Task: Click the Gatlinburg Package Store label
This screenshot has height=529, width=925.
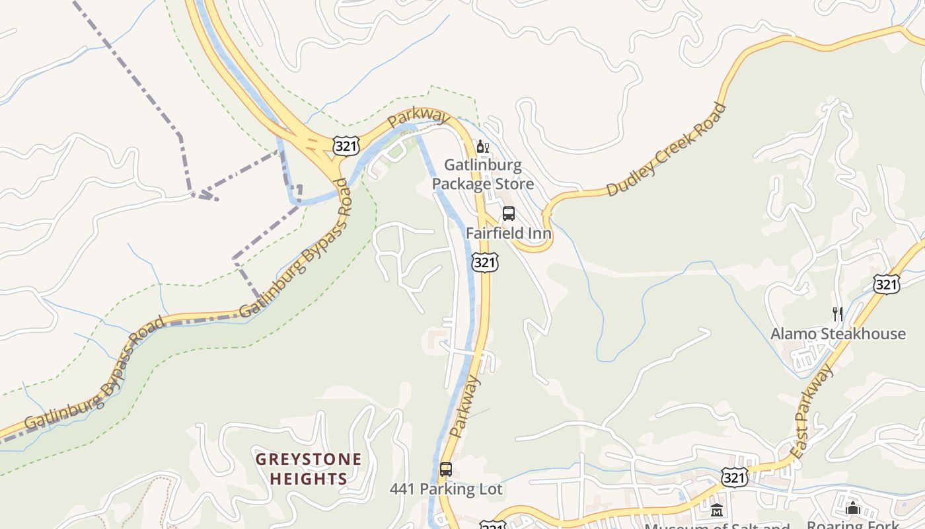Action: tap(482, 174)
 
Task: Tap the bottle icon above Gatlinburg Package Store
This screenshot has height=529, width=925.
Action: tap(482, 147)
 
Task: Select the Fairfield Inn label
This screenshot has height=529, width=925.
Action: tap(508, 233)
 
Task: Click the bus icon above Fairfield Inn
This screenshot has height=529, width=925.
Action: tap(508, 214)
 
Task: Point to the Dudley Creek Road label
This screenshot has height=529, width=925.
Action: tap(666, 150)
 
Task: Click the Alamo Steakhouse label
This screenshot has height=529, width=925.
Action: tap(838, 333)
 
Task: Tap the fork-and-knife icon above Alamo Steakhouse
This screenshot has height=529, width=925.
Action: tap(837, 313)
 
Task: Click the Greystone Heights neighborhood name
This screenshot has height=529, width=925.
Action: tap(309, 469)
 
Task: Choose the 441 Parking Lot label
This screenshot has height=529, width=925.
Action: tap(446, 489)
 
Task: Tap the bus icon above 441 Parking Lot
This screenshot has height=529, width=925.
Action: tap(446, 469)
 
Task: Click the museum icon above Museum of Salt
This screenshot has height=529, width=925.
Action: tap(717, 510)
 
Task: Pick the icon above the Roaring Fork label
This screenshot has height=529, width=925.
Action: tap(853, 508)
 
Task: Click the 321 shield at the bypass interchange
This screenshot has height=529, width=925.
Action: tap(346, 146)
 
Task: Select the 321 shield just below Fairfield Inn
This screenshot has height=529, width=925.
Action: tap(484, 263)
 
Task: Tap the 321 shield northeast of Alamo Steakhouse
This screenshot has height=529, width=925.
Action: tap(885, 284)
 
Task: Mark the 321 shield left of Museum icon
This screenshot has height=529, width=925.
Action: tap(735, 477)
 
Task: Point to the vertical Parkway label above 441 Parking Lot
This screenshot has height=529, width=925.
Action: tap(465, 407)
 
